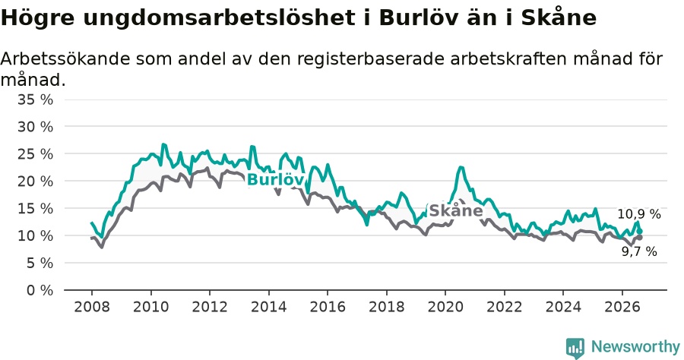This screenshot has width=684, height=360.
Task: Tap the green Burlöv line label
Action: click(x=275, y=179)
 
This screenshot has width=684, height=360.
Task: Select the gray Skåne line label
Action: click(x=456, y=210)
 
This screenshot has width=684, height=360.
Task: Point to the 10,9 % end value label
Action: click(x=638, y=214)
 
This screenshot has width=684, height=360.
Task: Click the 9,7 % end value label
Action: click(x=639, y=251)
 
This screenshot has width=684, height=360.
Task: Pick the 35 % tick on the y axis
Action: click(x=35, y=99)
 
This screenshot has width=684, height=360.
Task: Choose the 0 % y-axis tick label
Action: click(x=40, y=290)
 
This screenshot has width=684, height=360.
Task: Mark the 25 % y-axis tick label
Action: click(x=35, y=154)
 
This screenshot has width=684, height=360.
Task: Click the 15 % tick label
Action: click(x=35, y=208)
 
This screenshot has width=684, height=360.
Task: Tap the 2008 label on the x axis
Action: click(x=92, y=306)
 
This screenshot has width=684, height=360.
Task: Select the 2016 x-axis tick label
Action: click(x=328, y=306)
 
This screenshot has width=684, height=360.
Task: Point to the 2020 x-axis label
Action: click(x=445, y=306)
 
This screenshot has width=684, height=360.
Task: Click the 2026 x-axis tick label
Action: click(x=622, y=306)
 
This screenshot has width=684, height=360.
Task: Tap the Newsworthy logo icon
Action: click(x=575, y=348)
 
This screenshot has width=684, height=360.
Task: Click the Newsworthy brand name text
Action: click(x=635, y=347)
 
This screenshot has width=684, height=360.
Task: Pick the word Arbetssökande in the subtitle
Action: click(x=65, y=58)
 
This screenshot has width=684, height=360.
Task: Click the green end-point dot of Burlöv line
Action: click(x=639, y=231)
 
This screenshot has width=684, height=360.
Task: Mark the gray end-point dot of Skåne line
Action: click(x=639, y=238)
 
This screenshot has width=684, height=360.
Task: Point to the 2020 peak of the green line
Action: click(x=461, y=167)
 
